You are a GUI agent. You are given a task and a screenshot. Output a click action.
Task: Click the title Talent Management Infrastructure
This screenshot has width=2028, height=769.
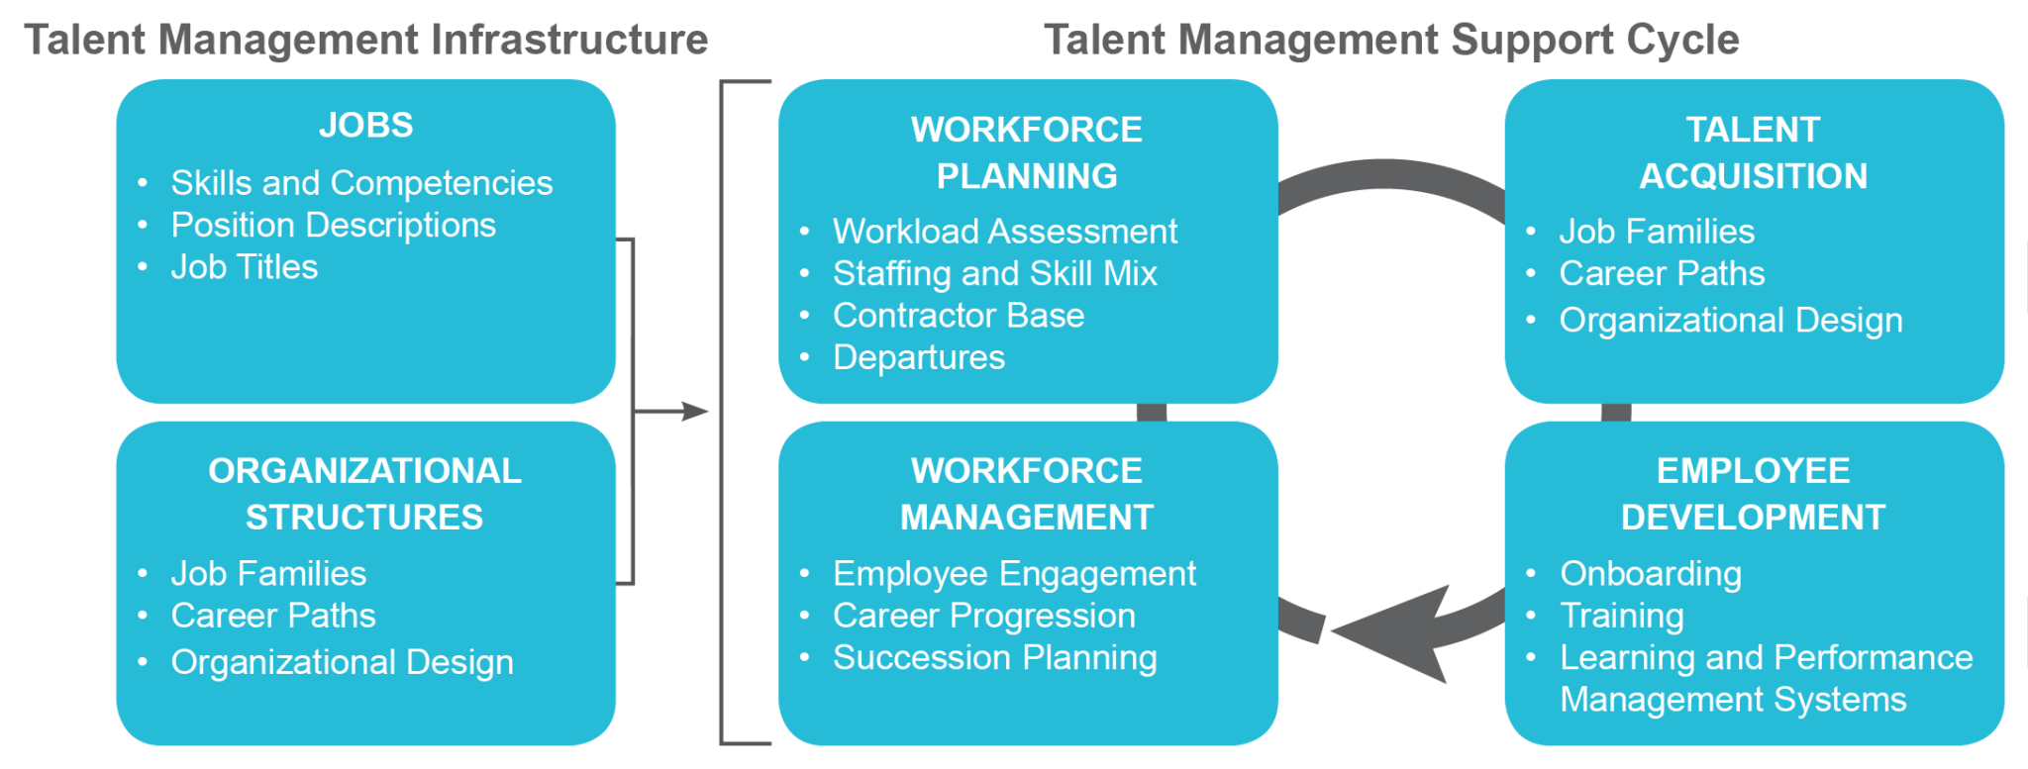(x=366, y=40)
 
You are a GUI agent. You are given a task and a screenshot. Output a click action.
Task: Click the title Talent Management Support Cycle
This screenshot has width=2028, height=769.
(x=1391, y=40)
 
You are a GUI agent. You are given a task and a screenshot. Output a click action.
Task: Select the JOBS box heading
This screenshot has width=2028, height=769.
(x=365, y=126)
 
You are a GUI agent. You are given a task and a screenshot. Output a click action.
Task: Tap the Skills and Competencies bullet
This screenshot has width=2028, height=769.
(x=361, y=183)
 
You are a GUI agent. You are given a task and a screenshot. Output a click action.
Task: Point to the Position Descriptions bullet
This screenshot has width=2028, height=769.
(x=333, y=226)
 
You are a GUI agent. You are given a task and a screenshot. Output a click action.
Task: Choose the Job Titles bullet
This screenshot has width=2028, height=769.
(x=245, y=267)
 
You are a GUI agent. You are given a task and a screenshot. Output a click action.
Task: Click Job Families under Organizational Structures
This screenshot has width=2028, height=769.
(x=268, y=574)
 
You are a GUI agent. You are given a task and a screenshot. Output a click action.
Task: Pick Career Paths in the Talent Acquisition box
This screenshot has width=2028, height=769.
(x=1662, y=273)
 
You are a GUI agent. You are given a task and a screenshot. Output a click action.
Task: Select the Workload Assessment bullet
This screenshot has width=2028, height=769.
(x=1005, y=232)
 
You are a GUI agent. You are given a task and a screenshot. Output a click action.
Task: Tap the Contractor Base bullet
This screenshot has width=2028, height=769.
(x=959, y=316)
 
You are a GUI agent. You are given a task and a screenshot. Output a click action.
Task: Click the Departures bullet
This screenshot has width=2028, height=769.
(x=919, y=357)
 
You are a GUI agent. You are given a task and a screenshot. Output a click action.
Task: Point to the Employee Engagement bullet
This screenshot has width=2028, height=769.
(x=1014, y=574)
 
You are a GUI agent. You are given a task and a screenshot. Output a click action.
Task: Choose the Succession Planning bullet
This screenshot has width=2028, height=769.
(x=994, y=658)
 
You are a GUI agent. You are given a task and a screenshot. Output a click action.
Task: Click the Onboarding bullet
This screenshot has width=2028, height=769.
(x=1651, y=574)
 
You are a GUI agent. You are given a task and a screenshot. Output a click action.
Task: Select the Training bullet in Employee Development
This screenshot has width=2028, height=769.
(x=1622, y=616)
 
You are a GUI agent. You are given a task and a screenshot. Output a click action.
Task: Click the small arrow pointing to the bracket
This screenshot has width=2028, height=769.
(x=683, y=411)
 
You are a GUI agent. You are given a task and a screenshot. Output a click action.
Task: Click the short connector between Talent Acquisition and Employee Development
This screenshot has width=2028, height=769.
(x=1615, y=412)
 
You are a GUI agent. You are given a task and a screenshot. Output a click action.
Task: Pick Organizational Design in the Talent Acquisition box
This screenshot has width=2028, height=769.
(x=1731, y=321)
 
